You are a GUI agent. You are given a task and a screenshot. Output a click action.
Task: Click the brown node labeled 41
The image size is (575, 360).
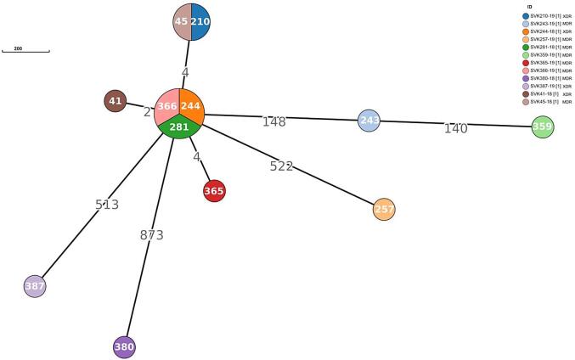point(116,101)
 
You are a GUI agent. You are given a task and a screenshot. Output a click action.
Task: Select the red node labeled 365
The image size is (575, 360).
point(214,191)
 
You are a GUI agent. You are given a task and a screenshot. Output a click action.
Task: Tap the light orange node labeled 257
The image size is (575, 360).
point(384,209)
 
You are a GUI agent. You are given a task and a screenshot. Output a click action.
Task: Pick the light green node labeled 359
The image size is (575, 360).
point(543,127)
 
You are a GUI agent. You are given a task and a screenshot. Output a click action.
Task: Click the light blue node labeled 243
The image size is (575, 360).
point(369,121)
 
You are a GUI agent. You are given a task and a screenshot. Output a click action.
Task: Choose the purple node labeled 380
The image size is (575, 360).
point(125,346)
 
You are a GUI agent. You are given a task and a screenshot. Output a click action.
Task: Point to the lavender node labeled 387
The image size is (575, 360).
point(34,287)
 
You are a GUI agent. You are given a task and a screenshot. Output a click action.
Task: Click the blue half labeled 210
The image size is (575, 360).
point(200,21)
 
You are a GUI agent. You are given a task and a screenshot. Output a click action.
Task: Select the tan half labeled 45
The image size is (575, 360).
point(182,21)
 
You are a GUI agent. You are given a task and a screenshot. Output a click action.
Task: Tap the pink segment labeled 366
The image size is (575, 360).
point(167,106)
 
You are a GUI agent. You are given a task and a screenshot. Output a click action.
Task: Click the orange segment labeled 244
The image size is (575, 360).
point(191,105)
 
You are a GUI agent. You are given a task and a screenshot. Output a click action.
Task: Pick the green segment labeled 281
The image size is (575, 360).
point(179,127)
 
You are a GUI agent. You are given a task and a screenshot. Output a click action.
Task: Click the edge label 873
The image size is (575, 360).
point(151,235)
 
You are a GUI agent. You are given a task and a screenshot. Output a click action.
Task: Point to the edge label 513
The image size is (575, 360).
point(107,205)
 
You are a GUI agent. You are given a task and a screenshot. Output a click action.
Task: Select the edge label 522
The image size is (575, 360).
point(281,166)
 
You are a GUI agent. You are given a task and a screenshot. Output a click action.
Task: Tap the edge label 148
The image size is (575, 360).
point(273,121)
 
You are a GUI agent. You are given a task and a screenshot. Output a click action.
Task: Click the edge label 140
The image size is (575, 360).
point(456,128)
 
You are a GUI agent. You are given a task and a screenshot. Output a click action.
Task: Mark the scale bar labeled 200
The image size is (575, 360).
point(25,51)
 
